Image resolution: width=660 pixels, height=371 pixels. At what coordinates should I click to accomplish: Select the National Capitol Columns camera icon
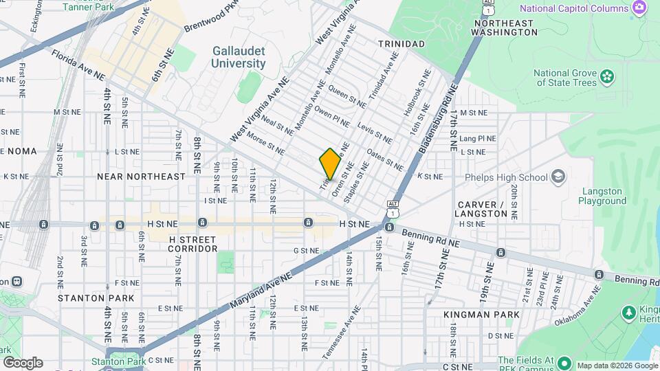(639, 8)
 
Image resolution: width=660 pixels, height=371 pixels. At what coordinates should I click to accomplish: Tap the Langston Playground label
(602, 196)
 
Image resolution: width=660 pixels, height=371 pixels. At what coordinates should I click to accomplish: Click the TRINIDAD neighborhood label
(401, 43)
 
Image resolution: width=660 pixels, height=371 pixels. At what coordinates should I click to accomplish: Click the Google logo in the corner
(22, 362)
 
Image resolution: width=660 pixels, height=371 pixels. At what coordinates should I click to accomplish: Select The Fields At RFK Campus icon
(564, 362)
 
